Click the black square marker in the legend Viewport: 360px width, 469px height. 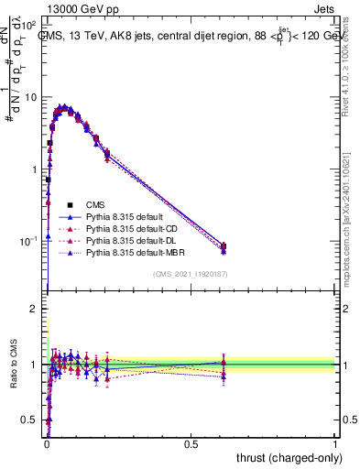70,204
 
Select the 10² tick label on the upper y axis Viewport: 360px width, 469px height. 28,25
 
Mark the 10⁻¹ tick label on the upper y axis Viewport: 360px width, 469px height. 28,242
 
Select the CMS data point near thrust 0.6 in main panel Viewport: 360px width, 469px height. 224,245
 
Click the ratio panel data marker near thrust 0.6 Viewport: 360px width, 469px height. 224,365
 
